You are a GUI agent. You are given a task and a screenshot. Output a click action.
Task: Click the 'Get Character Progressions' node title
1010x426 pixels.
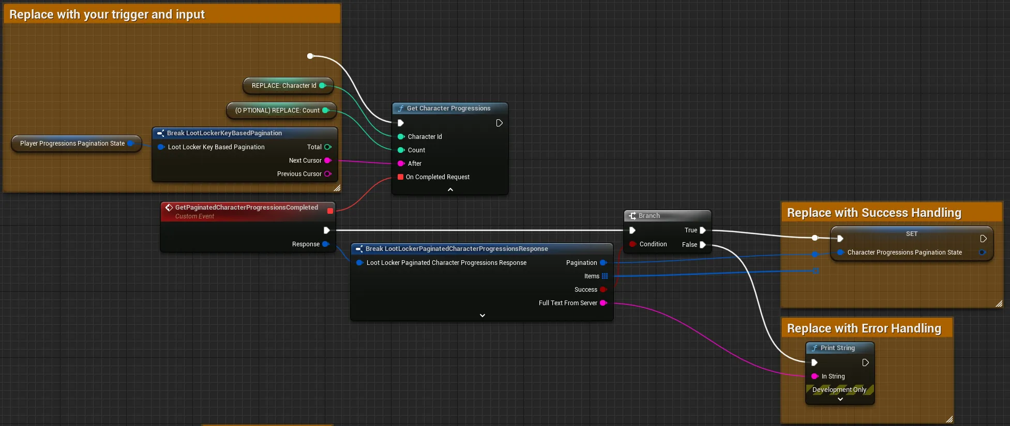[x=448, y=108]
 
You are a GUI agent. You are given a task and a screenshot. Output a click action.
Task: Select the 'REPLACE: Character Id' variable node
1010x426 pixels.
[x=288, y=86]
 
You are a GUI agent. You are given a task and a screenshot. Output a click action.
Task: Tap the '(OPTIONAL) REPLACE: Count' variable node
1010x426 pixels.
[x=281, y=111]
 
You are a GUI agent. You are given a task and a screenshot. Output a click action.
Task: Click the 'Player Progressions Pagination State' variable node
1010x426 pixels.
[x=77, y=144]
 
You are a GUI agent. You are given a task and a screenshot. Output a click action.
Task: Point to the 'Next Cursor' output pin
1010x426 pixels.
[x=327, y=161]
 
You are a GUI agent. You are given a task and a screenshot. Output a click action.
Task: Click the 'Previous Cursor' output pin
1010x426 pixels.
[x=327, y=174]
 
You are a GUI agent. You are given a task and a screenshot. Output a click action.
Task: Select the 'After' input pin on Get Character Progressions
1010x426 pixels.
[x=401, y=164]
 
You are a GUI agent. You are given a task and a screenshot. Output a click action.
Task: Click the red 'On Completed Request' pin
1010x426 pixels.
[x=400, y=177]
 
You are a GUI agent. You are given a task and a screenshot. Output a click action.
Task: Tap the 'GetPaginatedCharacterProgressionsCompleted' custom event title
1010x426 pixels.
[x=247, y=208]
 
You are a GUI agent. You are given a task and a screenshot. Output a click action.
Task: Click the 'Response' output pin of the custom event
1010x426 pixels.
[x=326, y=244]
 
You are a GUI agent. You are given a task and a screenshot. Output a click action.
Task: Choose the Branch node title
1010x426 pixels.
[x=649, y=216]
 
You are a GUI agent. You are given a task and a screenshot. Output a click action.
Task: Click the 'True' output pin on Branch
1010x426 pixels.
[x=703, y=230]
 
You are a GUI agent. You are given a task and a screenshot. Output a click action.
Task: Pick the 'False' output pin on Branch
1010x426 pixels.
[x=703, y=245]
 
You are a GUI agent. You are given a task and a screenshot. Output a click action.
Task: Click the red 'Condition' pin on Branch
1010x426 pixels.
[x=632, y=244]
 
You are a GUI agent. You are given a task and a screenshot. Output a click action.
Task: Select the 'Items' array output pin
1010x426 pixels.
[x=605, y=276]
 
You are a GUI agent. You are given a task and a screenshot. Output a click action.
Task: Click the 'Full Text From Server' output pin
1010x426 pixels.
[x=603, y=303]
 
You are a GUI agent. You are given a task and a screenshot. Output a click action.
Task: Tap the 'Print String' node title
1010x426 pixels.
[x=837, y=348]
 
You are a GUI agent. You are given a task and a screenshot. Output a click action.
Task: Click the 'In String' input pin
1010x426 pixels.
[x=815, y=376]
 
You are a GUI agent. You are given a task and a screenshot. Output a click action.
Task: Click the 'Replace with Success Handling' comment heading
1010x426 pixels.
[x=874, y=213]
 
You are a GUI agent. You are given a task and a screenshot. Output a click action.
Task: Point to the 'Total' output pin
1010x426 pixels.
[x=327, y=147]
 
